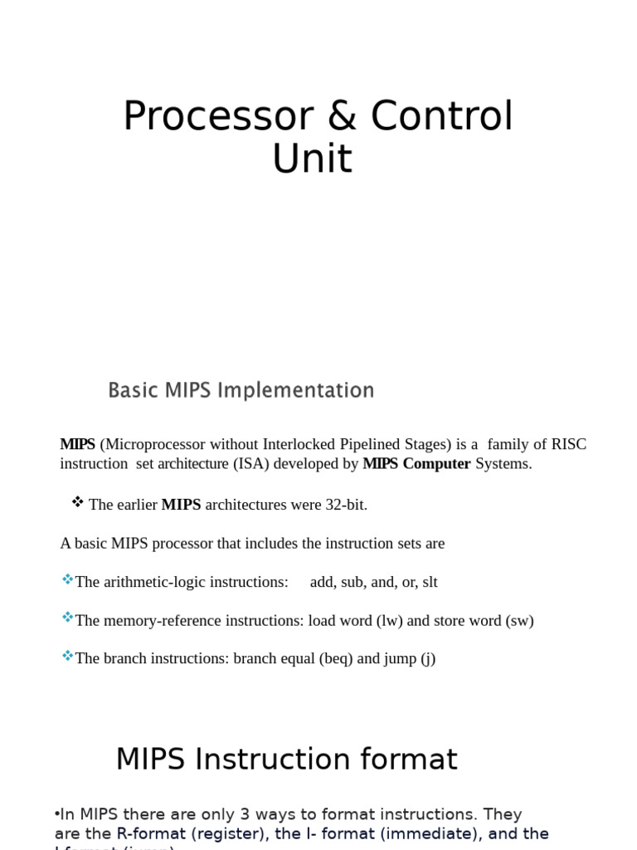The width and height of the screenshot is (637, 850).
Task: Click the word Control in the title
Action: [441, 116]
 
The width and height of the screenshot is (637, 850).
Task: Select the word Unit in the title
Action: [312, 159]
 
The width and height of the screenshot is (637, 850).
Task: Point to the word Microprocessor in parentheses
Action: [152, 444]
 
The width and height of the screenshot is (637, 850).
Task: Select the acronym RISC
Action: [568, 444]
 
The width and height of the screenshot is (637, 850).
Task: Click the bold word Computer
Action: [436, 464]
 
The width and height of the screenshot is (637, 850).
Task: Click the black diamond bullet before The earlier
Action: [78, 502]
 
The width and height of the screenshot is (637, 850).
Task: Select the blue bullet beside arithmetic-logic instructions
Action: [67, 579]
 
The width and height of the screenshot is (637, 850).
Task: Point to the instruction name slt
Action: [430, 582]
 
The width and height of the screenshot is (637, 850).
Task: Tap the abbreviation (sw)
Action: [519, 621]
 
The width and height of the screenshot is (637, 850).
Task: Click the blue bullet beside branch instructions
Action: [67, 657]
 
